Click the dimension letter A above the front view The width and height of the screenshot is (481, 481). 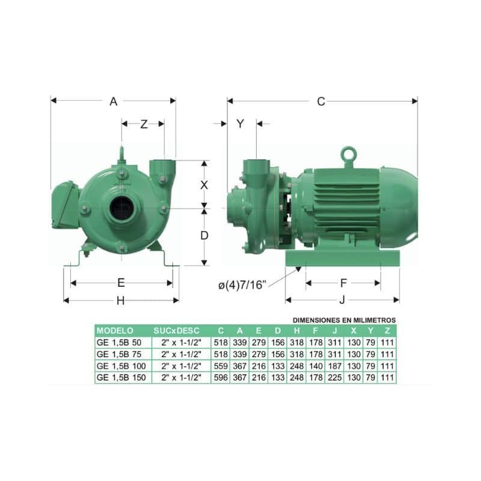[x=114, y=101]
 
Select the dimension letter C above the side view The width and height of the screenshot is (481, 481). [x=321, y=101]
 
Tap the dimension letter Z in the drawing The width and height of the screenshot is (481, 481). [x=144, y=124]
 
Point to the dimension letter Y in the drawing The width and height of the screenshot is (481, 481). [x=240, y=124]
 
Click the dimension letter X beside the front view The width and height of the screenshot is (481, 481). [x=204, y=185]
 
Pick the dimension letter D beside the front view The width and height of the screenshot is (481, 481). [x=204, y=236]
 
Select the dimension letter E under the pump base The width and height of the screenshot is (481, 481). [x=121, y=283]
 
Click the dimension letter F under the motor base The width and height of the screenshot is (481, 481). [x=343, y=283]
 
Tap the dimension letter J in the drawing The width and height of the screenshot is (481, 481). [x=342, y=299]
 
